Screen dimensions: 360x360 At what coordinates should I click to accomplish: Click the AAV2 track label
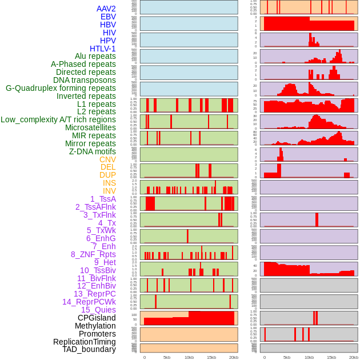click(106, 9)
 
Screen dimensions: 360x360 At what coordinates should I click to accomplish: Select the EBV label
click(108, 17)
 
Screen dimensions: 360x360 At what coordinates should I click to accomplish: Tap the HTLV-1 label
click(103, 49)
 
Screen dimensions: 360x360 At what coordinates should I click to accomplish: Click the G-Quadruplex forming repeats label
click(61, 88)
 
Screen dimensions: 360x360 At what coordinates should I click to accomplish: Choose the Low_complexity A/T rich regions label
click(58, 119)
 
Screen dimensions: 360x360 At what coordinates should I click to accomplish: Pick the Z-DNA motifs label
click(93, 151)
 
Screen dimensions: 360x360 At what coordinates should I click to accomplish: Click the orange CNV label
click(107, 159)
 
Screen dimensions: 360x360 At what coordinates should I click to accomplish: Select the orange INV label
click(109, 191)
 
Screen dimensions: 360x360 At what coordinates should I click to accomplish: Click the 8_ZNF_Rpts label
click(93, 254)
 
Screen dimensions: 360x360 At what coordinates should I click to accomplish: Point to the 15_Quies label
click(98, 310)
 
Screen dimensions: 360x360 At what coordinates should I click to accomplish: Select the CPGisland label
click(97, 318)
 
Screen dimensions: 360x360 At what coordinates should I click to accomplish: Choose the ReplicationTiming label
click(85, 342)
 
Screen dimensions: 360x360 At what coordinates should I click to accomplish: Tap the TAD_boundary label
click(89, 349)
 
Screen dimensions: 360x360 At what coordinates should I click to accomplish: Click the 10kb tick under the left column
click(189, 357)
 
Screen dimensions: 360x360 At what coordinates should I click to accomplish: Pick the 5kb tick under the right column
click(287, 357)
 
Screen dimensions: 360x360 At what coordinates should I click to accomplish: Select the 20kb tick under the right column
click(354, 357)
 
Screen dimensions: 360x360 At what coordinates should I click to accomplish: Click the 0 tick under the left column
click(144, 357)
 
